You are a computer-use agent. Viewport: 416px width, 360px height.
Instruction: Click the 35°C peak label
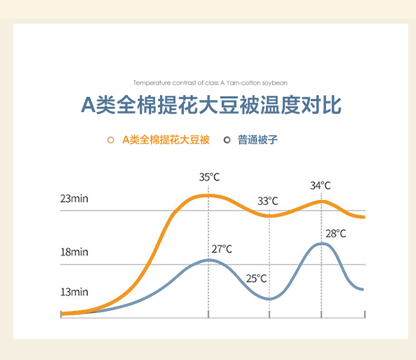pos(209,177)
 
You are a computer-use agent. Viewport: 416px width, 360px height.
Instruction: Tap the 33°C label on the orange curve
pos(268,201)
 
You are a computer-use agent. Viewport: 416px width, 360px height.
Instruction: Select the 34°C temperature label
pos(321,186)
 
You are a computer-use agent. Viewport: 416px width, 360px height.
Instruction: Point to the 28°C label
pos(336,234)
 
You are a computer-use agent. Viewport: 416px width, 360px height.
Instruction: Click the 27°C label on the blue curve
pos(222,249)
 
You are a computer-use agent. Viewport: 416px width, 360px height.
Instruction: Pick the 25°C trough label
pos(256,278)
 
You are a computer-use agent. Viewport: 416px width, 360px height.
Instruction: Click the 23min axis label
pos(74,199)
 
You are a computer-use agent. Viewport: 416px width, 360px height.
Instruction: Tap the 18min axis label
pos(74,252)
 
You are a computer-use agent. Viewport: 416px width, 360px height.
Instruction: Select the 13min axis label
pos(74,292)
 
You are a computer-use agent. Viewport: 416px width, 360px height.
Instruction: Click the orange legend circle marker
pos(111,140)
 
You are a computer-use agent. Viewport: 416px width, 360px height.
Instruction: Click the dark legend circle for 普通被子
pos(227,140)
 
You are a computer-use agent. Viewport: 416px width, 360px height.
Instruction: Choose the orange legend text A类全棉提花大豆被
pos(166,140)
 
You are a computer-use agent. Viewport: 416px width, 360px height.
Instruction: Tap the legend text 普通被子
pos(257,140)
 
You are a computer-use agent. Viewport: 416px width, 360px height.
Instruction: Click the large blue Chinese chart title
pos(211,105)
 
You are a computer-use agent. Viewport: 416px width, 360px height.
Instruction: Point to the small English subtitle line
pos(210,83)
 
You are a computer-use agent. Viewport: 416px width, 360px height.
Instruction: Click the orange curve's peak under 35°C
pos(208,196)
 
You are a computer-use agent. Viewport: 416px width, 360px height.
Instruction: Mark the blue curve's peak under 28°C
pos(322,244)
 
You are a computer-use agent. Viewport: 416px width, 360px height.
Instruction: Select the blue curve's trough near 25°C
pos(269,299)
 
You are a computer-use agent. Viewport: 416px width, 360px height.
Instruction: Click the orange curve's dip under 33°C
pos(269,216)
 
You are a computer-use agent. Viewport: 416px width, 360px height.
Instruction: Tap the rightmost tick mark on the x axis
pos(365,315)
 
